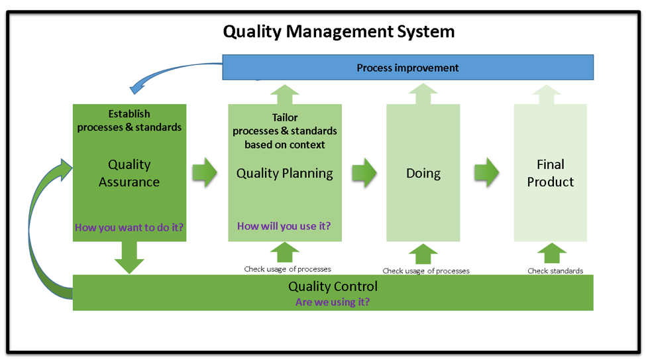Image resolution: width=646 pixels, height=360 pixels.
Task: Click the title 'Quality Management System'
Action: pyautogui.click(x=339, y=32)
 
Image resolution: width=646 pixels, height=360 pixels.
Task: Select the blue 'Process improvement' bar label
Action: pyautogui.click(x=407, y=68)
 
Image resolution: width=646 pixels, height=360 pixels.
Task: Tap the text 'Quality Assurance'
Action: pyautogui.click(x=129, y=173)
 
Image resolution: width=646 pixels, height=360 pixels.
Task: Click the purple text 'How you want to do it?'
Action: pyautogui.click(x=129, y=227)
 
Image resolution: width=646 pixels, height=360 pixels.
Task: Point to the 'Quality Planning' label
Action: pyautogui.click(x=285, y=173)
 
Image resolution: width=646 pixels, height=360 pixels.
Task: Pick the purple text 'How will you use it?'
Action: pyautogui.click(x=284, y=226)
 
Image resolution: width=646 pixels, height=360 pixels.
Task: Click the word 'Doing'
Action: pyautogui.click(x=423, y=173)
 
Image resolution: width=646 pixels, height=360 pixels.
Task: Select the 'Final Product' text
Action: pyautogui.click(x=551, y=173)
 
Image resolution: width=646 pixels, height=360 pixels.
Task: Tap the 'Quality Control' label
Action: pyautogui.click(x=333, y=286)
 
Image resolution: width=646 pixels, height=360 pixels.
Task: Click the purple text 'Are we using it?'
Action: pyautogui.click(x=333, y=302)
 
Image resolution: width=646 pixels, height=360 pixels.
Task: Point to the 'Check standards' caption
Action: pyautogui.click(x=555, y=271)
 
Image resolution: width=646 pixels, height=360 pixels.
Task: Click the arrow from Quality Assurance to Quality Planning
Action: pyautogui.click(x=205, y=172)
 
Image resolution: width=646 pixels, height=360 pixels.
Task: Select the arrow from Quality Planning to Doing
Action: pyautogui.click(x=364, y=172)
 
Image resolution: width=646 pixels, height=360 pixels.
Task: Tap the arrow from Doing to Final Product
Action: pyautogui.click(x=486, y=172)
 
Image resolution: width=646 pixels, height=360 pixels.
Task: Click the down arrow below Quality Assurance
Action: pyautogui.click(x=129, y=258)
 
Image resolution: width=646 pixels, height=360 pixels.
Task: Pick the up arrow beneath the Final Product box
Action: pyautogui.click(x=552, y=253)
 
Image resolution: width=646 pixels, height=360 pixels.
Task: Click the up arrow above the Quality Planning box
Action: pyautogui.click(x=285, y=94)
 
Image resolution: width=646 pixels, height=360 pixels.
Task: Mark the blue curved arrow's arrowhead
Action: pyautogui.click(x=136, y=88)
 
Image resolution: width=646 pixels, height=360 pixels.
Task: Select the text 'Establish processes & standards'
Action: pyautogui.click(x=129, y=121)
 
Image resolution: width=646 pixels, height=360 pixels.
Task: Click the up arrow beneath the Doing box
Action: pyautogui.click(x=423, y=254)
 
